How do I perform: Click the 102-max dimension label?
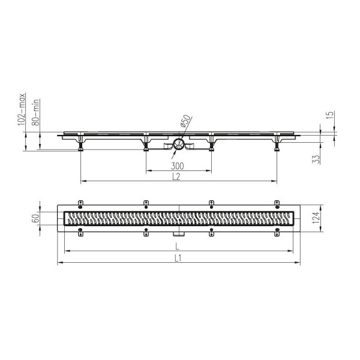coord(22,109)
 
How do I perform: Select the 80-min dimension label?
coord(36,113)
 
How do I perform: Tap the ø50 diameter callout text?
coord(185,121)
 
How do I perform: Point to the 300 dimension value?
coord(177,166)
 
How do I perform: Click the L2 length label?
coord(176,176)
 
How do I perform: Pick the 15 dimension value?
coord(329,115)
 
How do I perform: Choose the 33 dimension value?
coord(316,159)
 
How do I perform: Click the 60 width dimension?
coord(35,218)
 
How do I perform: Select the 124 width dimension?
coord(316,218)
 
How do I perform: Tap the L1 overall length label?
coord(178,258)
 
